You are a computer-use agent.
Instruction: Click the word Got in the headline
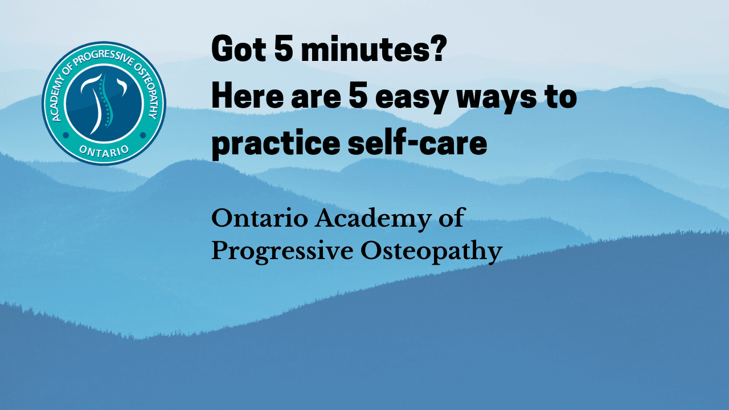[239, 48]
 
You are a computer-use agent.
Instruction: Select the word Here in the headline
[248, 97]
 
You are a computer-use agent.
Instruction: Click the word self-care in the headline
[417, 142]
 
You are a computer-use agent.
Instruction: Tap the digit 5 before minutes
[284, 48]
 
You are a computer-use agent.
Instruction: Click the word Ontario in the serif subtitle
[260, 219]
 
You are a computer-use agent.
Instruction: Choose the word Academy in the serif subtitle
[373, 220]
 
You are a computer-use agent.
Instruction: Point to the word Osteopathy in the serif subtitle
[431, 252]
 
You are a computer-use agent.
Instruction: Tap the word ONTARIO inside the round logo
[104, 151]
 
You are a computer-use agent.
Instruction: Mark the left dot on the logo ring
[65, 135]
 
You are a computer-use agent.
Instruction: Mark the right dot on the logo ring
[143, 135]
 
